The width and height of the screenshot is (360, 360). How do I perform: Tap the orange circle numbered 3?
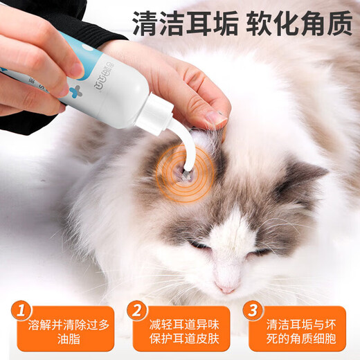[x=254, y=307]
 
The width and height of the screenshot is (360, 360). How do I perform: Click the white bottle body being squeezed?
[x=118, y=90]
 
